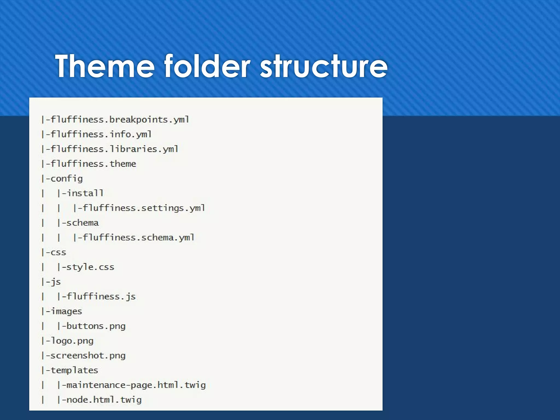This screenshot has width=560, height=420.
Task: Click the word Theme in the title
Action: (x=105, y=66)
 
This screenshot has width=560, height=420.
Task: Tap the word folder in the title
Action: (x=207, y=66)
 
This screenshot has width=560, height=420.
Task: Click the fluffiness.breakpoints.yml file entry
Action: (x=120, y=120)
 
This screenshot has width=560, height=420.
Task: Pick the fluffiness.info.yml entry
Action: (x=101, y=135)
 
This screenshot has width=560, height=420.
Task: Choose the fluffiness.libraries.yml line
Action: (x=114, y=149)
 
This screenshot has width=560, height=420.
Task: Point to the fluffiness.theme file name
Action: (x=93, y=164)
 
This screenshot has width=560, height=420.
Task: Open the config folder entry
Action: (x=66, y=179)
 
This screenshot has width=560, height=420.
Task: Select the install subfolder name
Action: (x=85, y=193)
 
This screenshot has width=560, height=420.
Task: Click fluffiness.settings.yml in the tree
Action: (x=144, y=208)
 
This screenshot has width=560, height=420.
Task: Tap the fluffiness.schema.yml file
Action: (x=138, y=238)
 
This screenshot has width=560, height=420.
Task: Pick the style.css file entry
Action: (x=90, y=267)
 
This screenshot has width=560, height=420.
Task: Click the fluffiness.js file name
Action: (x=101, y=297)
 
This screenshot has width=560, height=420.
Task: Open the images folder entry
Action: (x=66, y=311)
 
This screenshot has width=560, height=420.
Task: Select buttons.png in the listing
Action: (x=96, y=326)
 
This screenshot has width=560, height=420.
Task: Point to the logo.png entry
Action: (x=72, y=341)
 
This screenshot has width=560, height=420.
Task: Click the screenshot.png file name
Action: (x=88, y=356)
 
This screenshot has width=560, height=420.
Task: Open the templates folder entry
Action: (x=74, y=371)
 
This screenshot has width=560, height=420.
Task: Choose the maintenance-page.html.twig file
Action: (x=136, y=385)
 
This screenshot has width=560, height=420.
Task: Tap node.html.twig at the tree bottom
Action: (x=104, y=400)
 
